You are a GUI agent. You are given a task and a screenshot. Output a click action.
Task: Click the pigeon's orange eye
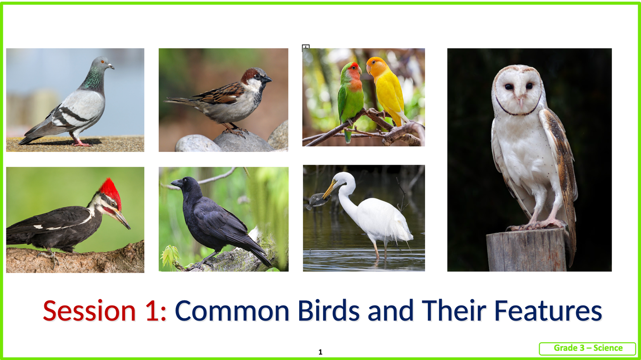(x=103, y=62)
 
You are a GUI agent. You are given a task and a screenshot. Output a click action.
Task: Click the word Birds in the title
(x=329, y=310)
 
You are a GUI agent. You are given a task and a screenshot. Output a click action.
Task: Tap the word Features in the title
(x=548, y=310)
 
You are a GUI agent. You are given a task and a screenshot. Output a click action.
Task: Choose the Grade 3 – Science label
(x=588, y=348)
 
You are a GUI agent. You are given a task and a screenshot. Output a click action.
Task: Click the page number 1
(x=320, y=352)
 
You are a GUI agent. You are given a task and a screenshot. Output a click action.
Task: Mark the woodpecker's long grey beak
(x=123, y=219)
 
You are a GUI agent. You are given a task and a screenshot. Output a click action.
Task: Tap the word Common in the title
(x=232, y=311)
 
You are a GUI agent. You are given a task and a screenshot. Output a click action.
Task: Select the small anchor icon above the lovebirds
(x=306, y=48)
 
